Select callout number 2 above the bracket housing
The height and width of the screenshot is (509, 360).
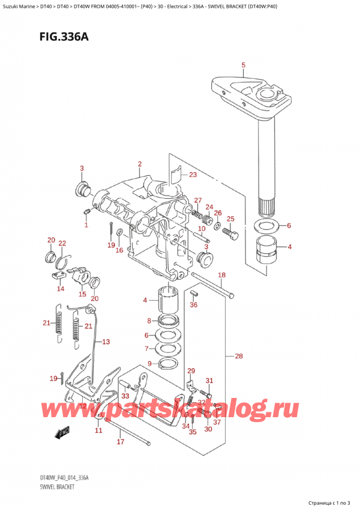(139, 164)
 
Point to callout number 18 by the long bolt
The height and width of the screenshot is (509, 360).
(221, 275)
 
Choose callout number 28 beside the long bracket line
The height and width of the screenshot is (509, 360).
(239, 357)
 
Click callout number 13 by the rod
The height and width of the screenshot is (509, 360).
(106, 342)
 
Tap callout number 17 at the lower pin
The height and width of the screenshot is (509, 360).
(120, 442)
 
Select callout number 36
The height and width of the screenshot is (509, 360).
(194, 304)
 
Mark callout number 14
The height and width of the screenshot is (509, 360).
(60, 289)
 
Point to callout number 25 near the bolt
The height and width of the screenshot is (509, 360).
(230, 218)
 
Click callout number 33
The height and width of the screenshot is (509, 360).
(125, 396)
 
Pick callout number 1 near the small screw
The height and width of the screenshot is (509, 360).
(86, 226)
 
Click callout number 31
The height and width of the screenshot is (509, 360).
(209, 380)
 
